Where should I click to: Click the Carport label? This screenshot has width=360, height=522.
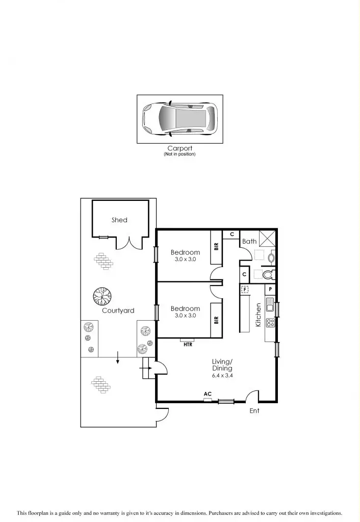coord(179,148)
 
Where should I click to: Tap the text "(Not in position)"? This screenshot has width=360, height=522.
coord(179,154)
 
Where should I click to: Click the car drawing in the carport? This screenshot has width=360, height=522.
coord(179,119)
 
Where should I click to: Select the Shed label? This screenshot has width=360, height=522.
coord(119,220)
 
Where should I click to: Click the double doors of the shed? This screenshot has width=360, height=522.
coord(127,243)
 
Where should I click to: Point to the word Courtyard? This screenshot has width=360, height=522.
coord(118,310)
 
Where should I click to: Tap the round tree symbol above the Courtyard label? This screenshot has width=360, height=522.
coord(101,295)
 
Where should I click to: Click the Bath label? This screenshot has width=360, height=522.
coord(249,241)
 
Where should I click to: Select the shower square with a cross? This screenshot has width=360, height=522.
coord(267,239)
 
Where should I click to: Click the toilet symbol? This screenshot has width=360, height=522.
coord(267,275)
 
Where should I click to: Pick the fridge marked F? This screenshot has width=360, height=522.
coord(245,289)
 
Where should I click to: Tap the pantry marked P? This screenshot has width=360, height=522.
coord(270,289)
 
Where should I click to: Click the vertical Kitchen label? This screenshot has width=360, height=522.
coord(259,315)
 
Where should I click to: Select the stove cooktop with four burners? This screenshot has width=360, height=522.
coord(270,322)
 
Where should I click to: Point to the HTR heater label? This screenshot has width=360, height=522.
coord(188,345)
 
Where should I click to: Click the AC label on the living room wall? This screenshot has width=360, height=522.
coord(208,394)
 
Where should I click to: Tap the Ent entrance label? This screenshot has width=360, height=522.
coord(254,410)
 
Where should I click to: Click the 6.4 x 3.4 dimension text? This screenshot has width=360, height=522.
coord(222,375)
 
